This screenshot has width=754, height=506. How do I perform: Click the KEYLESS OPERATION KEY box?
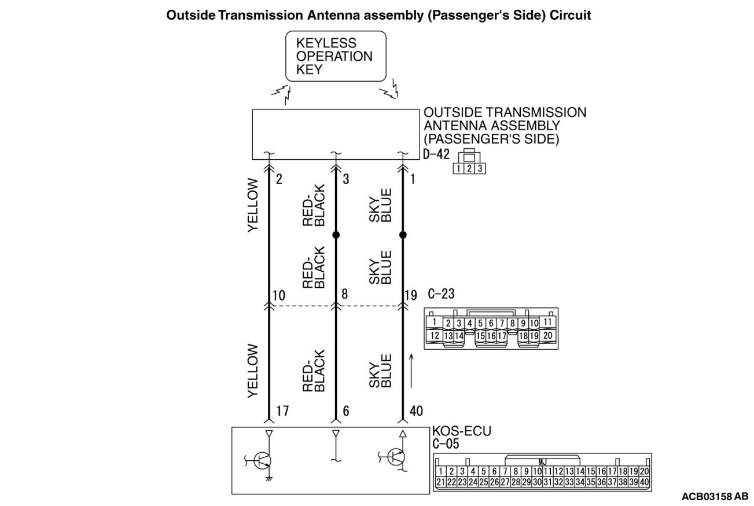(x=336, y=56)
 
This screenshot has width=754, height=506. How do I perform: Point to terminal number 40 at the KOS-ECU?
(x=416, y=411)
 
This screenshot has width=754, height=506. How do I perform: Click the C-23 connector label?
(x=441, y=294)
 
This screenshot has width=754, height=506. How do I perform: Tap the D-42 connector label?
(x=436, y=156)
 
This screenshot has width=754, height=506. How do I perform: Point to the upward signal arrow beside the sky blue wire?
(x=411, y=370)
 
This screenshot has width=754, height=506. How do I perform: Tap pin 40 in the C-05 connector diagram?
(x=645, y=482)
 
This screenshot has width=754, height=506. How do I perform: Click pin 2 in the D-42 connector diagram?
(x=470, y=169)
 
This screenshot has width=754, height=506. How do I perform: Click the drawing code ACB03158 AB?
(x=715, y=497)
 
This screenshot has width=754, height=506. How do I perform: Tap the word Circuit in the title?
(x=571, y=16)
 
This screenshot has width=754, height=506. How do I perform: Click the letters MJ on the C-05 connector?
(x=542, y=461)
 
